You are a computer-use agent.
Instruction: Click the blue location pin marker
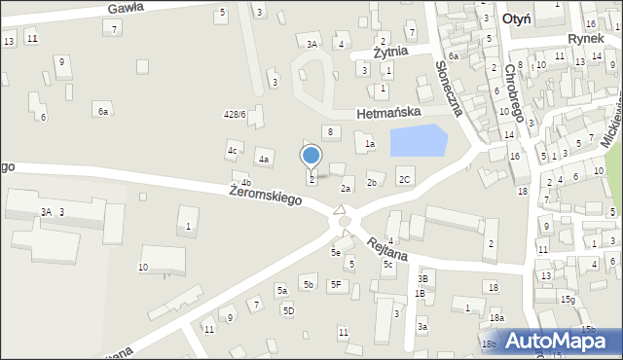311,156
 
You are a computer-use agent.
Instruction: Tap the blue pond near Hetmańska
418,142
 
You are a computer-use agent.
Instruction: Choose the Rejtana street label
386,248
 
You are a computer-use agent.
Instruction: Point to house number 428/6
235,115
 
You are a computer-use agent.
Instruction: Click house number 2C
404,179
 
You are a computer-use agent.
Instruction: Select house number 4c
233,151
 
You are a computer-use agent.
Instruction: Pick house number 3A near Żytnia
311,44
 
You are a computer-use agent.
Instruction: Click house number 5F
337,284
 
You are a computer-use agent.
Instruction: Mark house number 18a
496,317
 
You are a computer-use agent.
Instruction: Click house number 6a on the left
102,112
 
